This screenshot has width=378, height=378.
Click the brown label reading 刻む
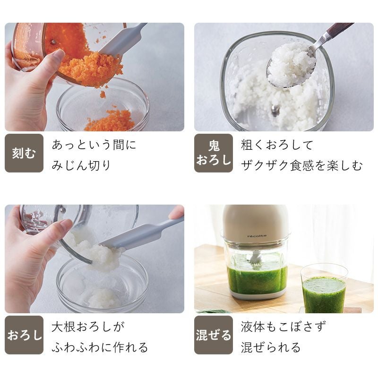coord(24,153)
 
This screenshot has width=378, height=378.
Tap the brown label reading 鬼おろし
coord(214,153)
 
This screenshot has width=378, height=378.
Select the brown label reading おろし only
coord(24,335)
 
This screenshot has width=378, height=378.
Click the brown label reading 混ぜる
coord(214,335)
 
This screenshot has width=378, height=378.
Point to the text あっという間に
coord(94,145)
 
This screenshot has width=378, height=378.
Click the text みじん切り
coord(81,165)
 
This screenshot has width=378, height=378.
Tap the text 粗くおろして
coord(277,145)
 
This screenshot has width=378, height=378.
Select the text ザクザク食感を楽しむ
coord(301,165)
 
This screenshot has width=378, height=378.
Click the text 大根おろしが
coord(88,326)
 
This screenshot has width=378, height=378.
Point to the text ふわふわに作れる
coord(100,347)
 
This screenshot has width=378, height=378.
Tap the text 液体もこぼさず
coord(283,326)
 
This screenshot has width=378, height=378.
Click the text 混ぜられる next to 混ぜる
coord(271,347)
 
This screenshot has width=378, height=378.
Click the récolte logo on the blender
coord(257,236)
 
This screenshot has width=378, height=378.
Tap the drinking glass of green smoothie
coord(324,289)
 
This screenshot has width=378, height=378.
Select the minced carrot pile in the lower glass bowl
coord(110,120)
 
